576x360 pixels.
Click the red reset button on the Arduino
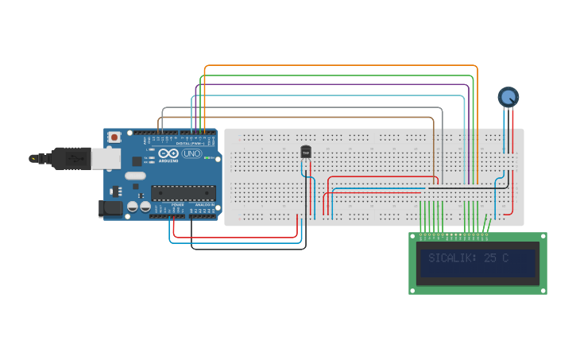115,137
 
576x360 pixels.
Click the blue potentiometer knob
508,97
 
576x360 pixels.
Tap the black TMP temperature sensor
306,152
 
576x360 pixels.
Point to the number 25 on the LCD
490,258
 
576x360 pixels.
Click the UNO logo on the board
191,153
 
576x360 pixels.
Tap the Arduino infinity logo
169,153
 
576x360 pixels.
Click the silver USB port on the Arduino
106,159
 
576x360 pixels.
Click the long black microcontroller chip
184,192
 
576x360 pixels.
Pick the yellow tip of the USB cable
33,158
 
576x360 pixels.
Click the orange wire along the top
342,66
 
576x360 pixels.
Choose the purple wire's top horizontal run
334,84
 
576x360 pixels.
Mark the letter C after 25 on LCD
504,258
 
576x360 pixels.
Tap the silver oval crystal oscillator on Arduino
135,175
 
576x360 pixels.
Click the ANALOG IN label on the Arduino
204,205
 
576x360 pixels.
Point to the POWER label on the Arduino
177,205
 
